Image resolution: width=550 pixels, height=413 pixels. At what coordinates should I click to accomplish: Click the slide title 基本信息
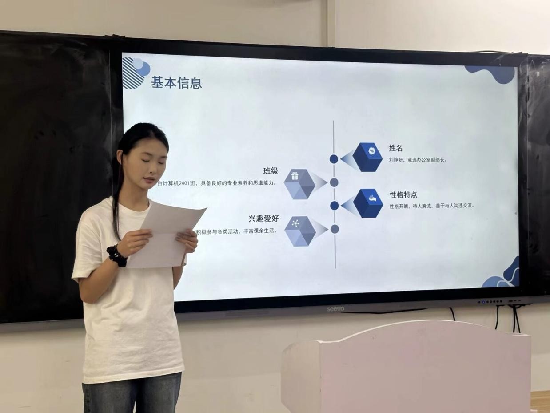[176, 83]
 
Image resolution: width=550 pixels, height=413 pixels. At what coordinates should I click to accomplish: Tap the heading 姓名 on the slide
[395, 148]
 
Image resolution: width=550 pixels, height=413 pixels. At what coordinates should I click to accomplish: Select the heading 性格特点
[403, 195]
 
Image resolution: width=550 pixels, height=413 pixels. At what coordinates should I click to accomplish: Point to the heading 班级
[271, 171]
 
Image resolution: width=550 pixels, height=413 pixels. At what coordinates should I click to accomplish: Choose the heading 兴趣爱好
[263, 219]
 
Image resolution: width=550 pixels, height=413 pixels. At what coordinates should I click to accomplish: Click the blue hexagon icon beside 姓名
[367, 157]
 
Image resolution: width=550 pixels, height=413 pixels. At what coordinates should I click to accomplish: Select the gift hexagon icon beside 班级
[299, 183]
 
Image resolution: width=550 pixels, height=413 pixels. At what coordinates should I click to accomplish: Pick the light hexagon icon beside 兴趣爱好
[300, 231]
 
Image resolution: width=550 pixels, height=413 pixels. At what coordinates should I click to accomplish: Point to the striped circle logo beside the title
[135, 72]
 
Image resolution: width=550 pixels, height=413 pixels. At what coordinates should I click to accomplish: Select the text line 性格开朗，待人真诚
[431, 206]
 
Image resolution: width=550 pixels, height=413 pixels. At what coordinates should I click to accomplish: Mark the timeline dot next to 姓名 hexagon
[334, 159]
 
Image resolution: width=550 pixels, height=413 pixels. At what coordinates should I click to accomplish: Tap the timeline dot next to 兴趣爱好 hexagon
[335, 229]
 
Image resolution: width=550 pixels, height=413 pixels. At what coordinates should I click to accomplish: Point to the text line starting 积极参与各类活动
[237, 231]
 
